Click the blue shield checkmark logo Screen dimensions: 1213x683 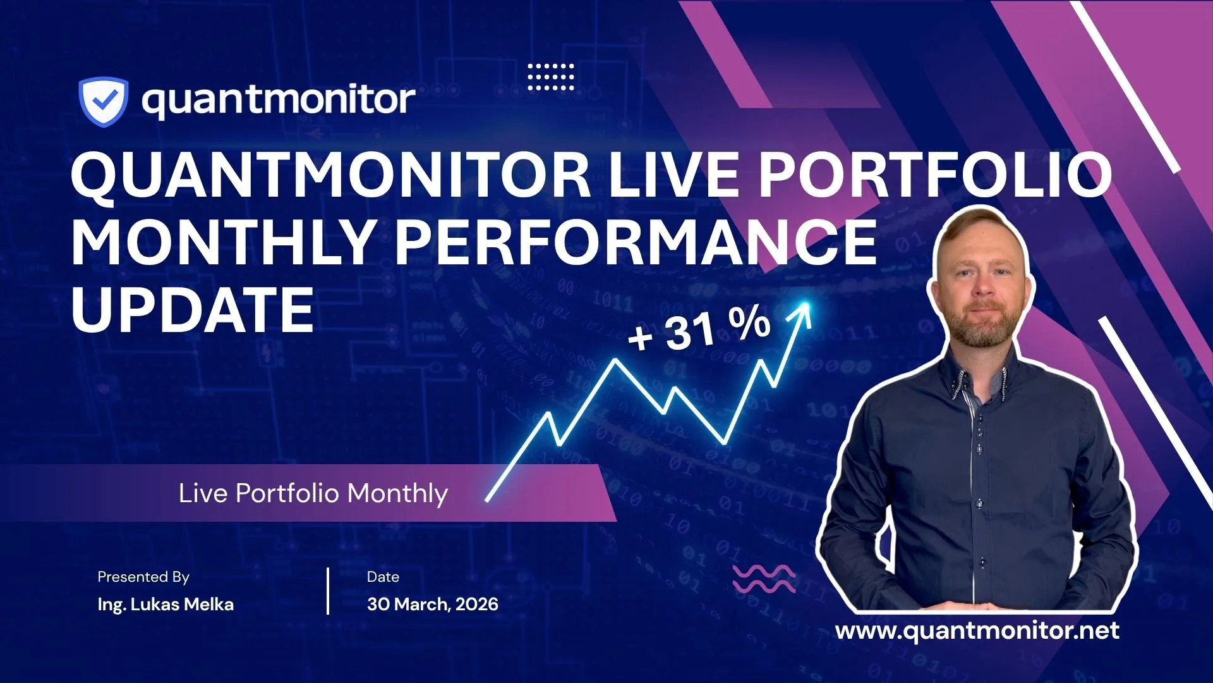(103, 102)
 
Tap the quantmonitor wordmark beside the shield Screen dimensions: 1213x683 (279, 101)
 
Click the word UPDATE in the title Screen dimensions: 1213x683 (193, 309)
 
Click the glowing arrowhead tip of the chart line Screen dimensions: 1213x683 (806, 306)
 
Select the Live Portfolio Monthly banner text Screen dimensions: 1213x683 (313, 493)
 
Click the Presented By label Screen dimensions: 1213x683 (143, 577)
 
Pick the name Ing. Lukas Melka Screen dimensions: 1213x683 (166, 605)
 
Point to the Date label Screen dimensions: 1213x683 (383, 577)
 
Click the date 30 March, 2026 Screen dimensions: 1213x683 (433, 605)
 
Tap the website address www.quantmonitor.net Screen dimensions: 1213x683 (977, 631)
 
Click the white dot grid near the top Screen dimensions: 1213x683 (551, 77)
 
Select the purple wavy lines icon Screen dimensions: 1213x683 (764, 578)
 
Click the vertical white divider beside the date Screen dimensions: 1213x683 (328, 591)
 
